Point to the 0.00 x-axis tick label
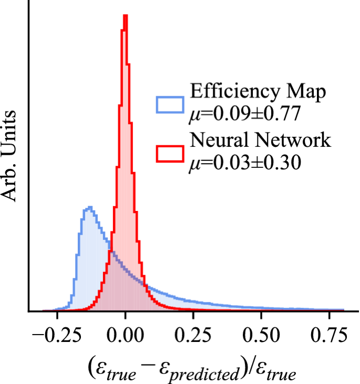point(125,336)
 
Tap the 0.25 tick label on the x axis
point(193,336)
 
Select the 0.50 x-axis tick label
point(261,336)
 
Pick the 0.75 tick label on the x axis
point(329,336)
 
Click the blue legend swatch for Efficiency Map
point(170,105)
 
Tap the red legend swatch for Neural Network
point(170,153)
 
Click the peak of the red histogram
point(125,16)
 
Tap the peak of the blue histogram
point(89,208)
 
